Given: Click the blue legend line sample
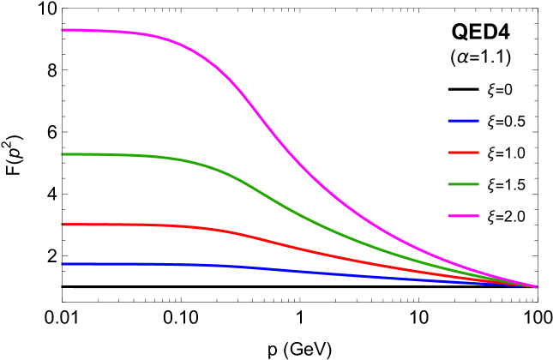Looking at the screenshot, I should [463, 121].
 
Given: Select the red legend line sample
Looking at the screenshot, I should [463, 153].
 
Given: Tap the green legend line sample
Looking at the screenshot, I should [463, 184].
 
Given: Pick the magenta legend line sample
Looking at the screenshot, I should [463, 216].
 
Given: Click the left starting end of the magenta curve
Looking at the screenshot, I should [63, 30].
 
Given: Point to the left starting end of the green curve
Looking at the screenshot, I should [63, 154].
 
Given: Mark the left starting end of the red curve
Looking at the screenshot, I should [63, 225].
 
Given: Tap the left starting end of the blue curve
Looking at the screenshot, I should [63, 264].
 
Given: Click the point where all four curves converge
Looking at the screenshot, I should [536, 286].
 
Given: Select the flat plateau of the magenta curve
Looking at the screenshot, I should [103, 31].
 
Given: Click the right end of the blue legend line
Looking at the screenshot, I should [478, 121].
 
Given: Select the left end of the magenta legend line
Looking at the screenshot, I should [448, 216].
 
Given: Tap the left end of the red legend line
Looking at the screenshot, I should [448, 153].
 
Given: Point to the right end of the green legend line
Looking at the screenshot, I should [478, 184].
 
